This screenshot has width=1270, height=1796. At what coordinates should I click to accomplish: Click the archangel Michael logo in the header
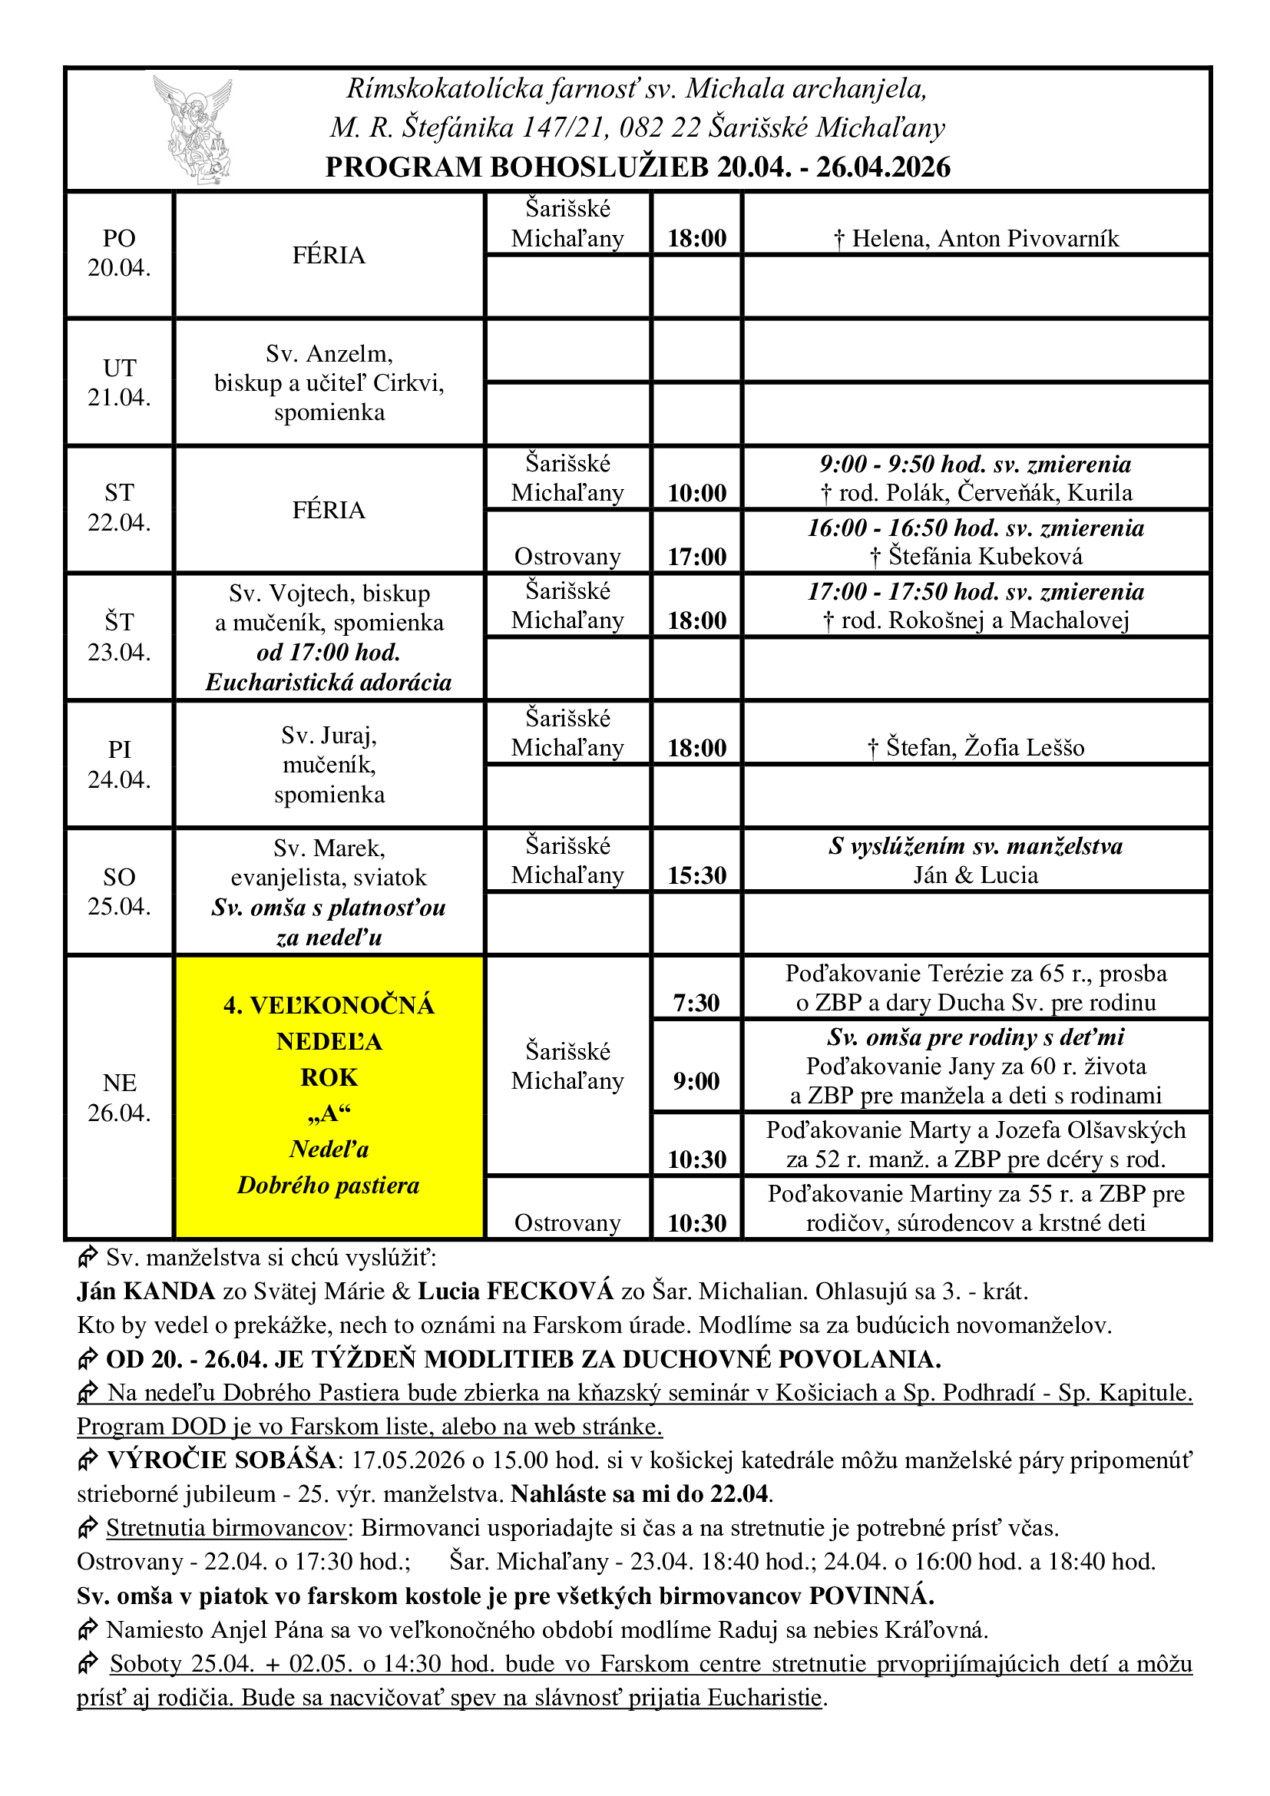click(194, 129)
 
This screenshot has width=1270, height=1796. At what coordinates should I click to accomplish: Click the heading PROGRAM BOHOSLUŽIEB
click(637, 167)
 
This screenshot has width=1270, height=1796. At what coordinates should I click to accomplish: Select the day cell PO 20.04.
click(119, 253)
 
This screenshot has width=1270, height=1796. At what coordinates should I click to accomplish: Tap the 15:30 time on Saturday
click(696, 875)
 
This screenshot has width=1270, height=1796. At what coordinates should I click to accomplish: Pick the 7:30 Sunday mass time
click(696, 1003)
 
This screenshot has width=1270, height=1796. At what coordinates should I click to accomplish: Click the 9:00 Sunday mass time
click(696, 1081)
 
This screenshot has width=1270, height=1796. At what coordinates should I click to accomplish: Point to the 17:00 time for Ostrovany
click(696, 556)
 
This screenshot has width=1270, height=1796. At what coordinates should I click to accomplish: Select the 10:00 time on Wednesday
click(696, 493)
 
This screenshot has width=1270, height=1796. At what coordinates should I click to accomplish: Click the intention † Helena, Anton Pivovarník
click(976, 239)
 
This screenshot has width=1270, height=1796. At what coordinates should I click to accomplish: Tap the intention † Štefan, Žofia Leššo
click(976, 748)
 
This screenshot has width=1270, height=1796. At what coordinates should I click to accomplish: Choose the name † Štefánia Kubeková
click(976, 556)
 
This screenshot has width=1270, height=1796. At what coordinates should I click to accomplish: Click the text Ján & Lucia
click(976, 875)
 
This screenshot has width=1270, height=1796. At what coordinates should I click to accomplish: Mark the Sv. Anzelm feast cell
click(329, 382)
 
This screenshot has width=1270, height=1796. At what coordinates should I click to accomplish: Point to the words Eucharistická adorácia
click(329, 683)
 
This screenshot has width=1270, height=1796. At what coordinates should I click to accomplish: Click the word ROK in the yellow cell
click(329, 1078)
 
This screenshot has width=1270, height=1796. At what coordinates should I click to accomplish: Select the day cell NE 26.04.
click(119, 1097)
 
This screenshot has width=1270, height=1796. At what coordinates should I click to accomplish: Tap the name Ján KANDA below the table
click(145, 1292)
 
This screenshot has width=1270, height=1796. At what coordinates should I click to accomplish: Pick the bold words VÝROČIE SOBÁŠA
click(221, 1460)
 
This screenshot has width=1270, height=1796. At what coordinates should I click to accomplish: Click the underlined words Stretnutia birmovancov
click(226, 1528)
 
